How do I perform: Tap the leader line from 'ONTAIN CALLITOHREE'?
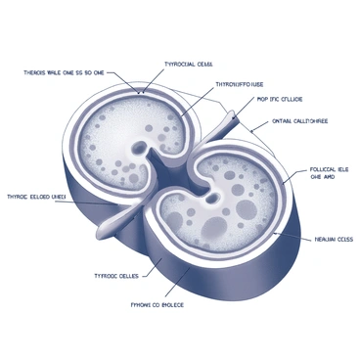259,127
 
